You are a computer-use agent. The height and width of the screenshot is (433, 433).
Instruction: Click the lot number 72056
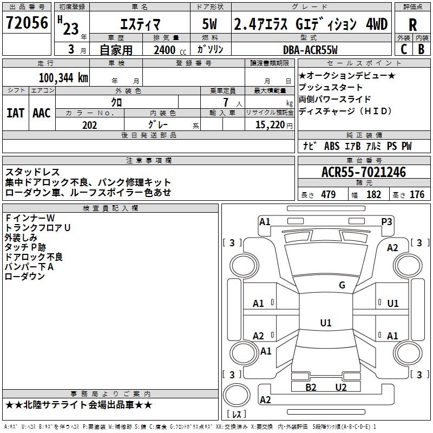[x=27, y=22]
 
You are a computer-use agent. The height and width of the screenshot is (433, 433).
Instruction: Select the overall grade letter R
[x=412, y=25]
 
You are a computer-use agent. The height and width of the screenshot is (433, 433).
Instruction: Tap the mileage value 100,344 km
[x=63, y=78]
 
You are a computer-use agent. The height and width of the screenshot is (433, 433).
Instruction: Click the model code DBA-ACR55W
[x=310, y=50]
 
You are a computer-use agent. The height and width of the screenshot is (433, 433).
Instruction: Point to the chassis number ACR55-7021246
[x=364, y=172]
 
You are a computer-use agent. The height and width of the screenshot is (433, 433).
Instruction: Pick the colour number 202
[x=89, y=125]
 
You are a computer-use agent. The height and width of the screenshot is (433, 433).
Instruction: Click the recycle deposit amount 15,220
[x=270, y=125]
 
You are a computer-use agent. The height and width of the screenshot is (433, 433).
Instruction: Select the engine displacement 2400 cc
[x=170, y=50]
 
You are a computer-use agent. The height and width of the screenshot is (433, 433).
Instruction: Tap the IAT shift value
[x=15, y=113]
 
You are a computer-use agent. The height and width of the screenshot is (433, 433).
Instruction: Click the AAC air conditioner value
[x=42, y=113]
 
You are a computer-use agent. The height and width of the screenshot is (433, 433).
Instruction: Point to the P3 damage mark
[x=386, y=222]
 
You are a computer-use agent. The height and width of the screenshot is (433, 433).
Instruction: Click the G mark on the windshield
[x=342, y=285]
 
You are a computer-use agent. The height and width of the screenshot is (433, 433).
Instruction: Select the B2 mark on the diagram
[x=311, y=388]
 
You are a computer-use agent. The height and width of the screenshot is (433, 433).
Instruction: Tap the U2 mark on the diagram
[x=341, y=388]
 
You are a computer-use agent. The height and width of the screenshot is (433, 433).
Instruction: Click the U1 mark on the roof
[x=326, y=323]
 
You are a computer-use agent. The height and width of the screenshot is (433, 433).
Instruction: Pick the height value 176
[x=417, y=194]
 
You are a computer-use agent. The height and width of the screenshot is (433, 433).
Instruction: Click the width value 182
[x=373, y=194]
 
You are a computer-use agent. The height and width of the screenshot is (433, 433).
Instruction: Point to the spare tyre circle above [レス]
[x=237, y=395]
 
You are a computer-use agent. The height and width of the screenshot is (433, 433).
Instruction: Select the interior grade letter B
[x=421, y=49]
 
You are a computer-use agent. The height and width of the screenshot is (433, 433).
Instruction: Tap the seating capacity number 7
[x=226, y=102]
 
